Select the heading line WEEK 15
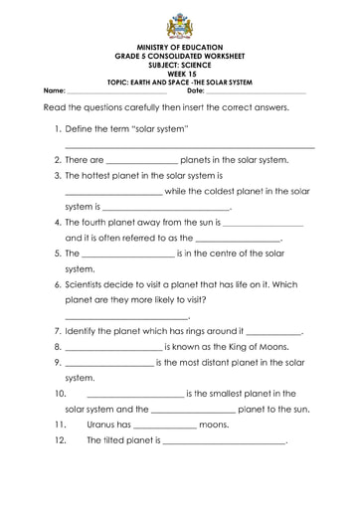(x=180, y=73)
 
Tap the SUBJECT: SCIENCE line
(x=180, y=66)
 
